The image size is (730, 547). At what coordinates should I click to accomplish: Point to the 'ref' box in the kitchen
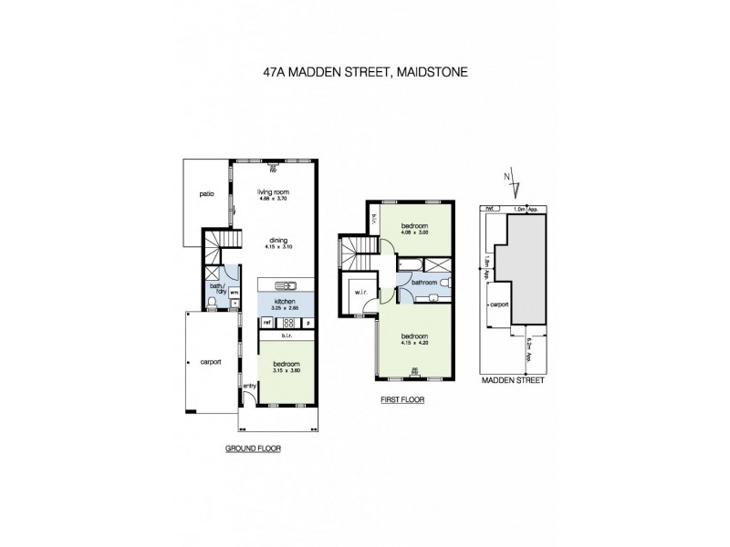pos(267,322)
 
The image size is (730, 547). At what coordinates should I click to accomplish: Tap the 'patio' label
pos(206,194)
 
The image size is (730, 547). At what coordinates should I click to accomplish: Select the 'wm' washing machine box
pos(234,293)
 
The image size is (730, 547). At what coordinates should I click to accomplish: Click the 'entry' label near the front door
pos(248,385)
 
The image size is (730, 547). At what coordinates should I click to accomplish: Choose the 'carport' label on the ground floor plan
pos(211,361)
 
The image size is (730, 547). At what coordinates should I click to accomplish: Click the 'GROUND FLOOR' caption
pos(253,449)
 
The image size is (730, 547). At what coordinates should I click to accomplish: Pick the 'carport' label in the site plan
pos(498,305)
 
